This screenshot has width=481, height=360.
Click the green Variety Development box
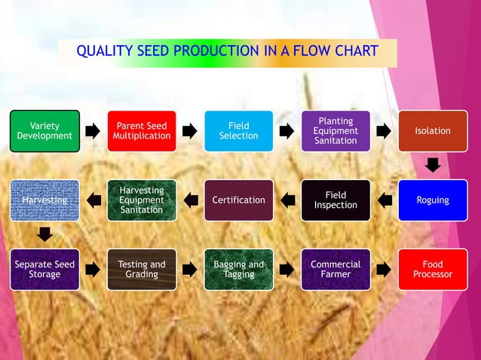(44, 131)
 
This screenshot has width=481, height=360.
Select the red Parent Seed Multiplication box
(142, 131)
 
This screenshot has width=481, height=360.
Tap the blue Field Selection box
(238, 131)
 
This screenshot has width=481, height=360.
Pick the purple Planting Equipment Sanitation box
(335, 131)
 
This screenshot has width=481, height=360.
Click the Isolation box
(433, 131)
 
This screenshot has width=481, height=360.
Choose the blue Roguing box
(433, 200)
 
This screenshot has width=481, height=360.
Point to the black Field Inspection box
(335, 200)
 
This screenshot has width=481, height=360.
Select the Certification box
(238, 200)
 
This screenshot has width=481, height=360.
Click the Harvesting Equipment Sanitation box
(142, 200)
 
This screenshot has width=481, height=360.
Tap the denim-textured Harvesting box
(44, 200)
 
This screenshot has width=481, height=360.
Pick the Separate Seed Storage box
(44, 270)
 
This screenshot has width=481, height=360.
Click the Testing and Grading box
(142, 270)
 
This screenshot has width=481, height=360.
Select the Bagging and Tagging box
(238, 270)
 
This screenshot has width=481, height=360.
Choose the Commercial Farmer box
(335, 270)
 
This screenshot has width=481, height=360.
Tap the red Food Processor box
(433, 270)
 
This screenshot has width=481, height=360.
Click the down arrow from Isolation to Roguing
(433, 165)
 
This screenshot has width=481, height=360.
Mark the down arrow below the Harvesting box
(44, 234)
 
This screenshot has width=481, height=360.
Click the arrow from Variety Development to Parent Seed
(93, 131)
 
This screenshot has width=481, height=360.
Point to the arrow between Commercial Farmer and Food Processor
(384, 270)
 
